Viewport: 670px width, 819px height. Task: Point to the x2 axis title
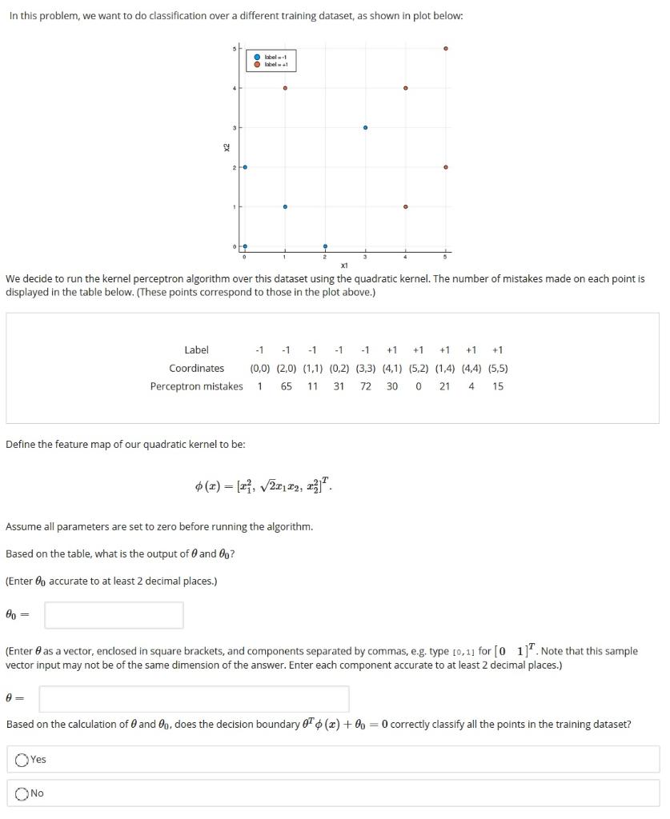tap(227, 147)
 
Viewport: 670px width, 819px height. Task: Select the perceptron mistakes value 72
tap(365, 386)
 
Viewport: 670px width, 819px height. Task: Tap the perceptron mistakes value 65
tap(286, 386)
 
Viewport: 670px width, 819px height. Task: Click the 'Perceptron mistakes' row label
tap(196, 386)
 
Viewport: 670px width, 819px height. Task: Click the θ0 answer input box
tap(114, 615)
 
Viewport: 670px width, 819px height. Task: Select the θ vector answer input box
tap(194, 698)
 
